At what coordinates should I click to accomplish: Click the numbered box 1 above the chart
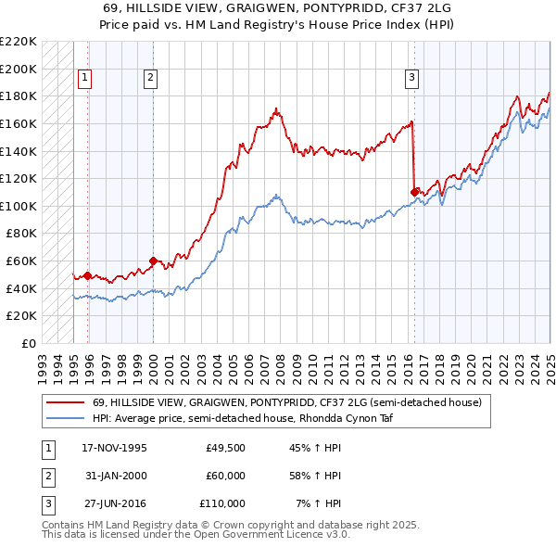point(84,79)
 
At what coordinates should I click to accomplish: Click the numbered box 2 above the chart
point(150,79)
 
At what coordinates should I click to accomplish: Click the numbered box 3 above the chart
point(411,79)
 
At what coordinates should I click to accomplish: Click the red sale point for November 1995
point(88,275)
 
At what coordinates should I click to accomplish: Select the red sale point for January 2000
point(154,261)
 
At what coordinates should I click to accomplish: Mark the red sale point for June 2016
point(414,192)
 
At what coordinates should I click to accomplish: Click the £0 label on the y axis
point(28,343)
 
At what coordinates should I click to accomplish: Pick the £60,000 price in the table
point(225,476)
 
